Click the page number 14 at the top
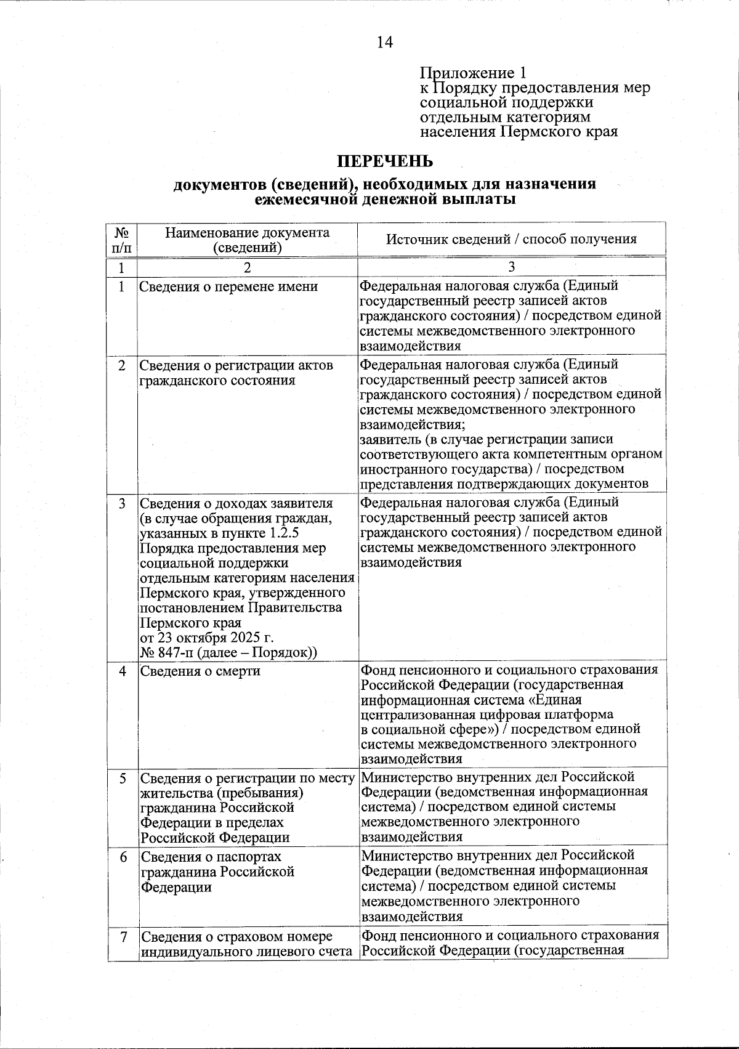point(384,42)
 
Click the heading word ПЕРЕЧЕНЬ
point(384,162)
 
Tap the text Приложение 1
point(474,73)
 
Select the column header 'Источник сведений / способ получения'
point(511,240)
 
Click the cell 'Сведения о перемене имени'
point(228,286)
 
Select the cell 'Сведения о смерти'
point(200,671)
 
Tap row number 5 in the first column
point(123,778)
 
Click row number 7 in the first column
point(123,937)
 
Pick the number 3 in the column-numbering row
point(511,267)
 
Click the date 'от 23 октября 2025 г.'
point(207,638)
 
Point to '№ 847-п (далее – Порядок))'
point(228,652)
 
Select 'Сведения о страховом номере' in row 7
point(237,937)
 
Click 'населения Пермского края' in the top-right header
point(519,131)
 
